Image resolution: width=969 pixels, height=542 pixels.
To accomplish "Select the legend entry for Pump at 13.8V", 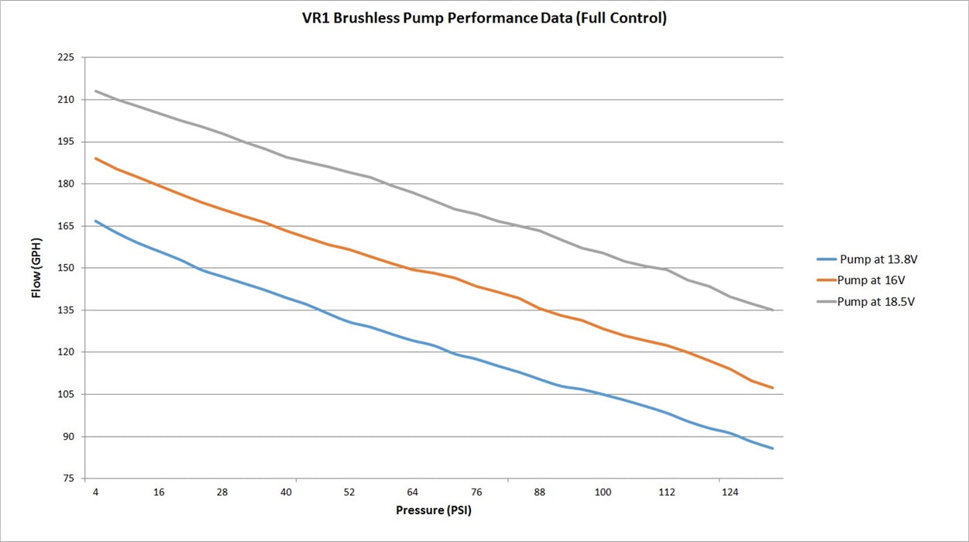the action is (x=867, y=259).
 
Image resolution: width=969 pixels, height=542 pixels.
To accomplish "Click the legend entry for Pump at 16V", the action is (x=861, y=280).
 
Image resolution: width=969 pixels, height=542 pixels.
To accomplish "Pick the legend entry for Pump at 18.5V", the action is (x=866, y=301).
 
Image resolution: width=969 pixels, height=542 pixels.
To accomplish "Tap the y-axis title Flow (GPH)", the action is (x=36, y=268).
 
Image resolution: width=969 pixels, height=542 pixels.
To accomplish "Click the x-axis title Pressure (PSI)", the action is (x=434, y=510).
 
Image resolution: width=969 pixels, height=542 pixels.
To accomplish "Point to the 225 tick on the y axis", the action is (x=66, y=57).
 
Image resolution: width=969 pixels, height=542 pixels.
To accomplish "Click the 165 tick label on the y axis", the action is (x=66, y=226).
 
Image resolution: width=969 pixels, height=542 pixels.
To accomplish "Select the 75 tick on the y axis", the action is (x=68, y=479).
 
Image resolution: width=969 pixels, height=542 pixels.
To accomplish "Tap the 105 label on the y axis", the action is (x=66, y=394).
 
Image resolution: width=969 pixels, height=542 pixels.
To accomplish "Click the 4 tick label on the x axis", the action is (x=95, y=492).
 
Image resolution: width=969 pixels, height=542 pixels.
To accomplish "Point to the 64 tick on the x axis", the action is (x=413, y=492).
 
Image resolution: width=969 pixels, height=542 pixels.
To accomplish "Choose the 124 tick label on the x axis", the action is (x=730, y=492).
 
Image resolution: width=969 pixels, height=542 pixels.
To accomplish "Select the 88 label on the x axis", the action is (x=539, y=492).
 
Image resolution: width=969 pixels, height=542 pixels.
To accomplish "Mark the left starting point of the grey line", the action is (x=95, y=91).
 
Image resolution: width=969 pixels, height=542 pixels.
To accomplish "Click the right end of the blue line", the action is (x=772, y=448).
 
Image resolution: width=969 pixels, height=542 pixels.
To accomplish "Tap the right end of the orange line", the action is (x=772, y=388).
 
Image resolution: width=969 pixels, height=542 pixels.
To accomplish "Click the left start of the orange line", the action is (x=95, y=158).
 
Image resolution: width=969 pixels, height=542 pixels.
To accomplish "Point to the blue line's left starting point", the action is (x=95, y=221).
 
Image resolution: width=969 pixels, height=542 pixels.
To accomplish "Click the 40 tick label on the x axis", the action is (x=286, y=492).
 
